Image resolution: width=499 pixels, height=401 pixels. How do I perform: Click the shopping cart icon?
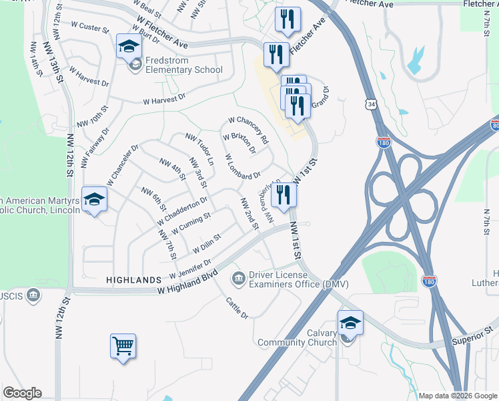click(x=123, y=347)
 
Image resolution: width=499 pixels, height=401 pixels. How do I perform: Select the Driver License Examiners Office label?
click(x=298, y=279)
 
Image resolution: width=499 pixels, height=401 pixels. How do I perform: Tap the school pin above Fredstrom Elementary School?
click(x=129, y=47)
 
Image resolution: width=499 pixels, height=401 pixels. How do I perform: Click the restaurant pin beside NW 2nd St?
click(x=284, y=194)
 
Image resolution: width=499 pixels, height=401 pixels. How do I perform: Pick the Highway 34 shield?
click(x=370, y=104)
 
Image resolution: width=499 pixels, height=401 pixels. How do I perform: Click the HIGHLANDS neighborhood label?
click(x=133, y=280)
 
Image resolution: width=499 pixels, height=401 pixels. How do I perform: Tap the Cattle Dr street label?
click(x=237, y=307)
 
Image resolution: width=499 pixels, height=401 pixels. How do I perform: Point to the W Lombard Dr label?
click(x=243, y=167)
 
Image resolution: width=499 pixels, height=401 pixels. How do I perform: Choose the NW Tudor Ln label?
click(x=199, y=150)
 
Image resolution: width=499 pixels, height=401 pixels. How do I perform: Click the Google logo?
click(x=22, y=393)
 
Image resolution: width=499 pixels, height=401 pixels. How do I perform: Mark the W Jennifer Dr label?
click(x=190, y=269)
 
